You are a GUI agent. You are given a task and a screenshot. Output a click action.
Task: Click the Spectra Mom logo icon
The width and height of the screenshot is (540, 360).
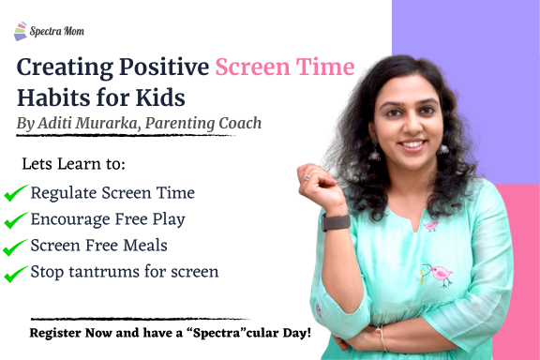click(x=21, y=32)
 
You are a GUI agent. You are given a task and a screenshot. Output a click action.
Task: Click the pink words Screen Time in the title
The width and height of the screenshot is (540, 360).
click(x=285, y=67)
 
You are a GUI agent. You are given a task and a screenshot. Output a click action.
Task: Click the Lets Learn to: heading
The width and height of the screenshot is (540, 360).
click(x=73, y=164)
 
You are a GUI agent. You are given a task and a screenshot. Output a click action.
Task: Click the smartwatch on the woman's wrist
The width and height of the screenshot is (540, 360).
click(x=336, y=222)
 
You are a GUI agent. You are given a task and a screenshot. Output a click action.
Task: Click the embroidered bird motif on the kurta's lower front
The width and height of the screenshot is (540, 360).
click(x=436, y=273)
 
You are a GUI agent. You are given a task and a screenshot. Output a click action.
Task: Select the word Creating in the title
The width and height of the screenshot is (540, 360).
click(x=67, y=67)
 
